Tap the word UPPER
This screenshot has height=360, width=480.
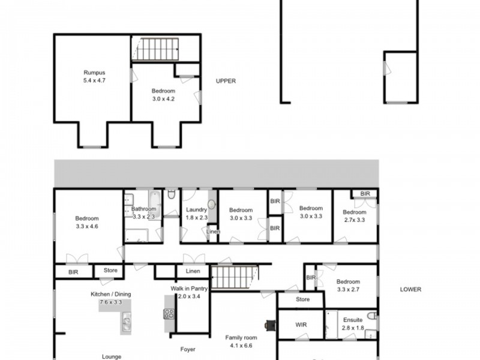(x=226, y=82)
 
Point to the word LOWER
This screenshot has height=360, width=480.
(x=410, y=289)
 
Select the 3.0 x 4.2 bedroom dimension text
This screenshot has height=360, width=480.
(x=163, y=99)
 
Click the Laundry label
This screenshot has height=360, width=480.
(x=196, y=209)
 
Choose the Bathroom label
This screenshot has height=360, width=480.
(x=144, y=209)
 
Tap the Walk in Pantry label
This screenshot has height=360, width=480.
(x=190, y=289)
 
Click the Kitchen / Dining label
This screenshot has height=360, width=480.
(x=110, y=294)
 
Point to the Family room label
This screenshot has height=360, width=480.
(x=241, y=337)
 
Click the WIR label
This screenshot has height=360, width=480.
(x=301, y=325)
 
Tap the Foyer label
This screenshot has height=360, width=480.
(x=188, y=349)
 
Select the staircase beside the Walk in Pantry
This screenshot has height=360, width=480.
(x=235, y=278)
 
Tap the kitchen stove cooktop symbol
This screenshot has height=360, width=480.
(x=169, y=313)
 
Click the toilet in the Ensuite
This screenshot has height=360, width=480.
(x=371, y=316)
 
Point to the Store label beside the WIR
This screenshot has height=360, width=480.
(x=302, y=299)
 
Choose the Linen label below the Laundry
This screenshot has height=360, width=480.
(x=212, y=232)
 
